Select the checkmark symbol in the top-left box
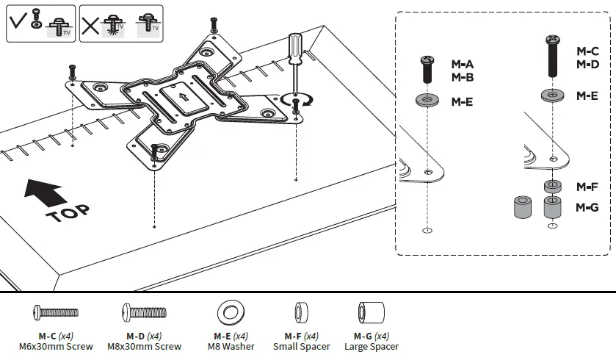[19, 23]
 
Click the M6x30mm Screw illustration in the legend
[55, 313]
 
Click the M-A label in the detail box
[462, 65]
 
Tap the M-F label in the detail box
[587, 187]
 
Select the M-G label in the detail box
[587, 207]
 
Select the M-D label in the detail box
[587, 65]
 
